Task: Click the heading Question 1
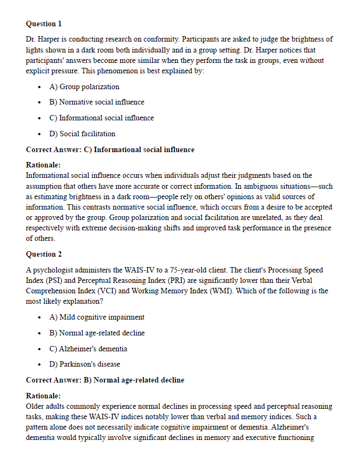click(44, 24)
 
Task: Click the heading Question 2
click(44, 254)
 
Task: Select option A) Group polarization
click(84, 86)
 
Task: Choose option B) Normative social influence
click(97, 102)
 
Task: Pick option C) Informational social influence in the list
click(101, 118)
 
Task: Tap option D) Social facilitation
click(82, 134)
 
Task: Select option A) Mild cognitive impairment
click(97, 317)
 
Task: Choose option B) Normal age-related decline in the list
click(97, 333)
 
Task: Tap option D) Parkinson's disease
click(85, 364)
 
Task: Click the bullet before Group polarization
click(39, 87)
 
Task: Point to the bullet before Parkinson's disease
click(39, 365)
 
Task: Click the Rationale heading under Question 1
click(43, 165)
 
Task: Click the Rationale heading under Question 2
click(43, 396)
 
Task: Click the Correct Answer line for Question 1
click(110, 149)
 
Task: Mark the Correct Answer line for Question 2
click(105, 380)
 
